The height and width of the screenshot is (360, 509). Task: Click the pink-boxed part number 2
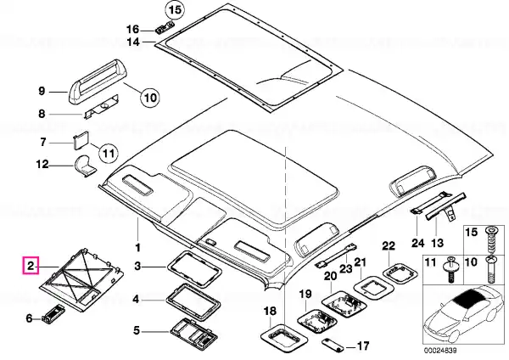(31, 266)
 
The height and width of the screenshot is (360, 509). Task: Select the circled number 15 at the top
(174, 9)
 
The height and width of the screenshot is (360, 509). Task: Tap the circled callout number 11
(109, 152)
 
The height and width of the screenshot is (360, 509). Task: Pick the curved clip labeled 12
(86, 166)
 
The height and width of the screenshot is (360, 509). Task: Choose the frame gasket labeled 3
(194, 269)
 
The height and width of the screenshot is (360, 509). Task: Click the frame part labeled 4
(193, 301)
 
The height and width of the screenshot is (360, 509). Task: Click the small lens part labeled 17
(333, 345)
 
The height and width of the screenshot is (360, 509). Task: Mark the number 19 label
(305, 295)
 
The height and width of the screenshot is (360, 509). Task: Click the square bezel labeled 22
(399, 272)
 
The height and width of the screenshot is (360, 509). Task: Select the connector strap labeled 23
(336, 256)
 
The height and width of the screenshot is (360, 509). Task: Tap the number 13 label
(437, 243)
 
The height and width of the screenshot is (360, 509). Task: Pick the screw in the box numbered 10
(490, 269)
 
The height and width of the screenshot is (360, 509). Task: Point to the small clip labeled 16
(165, 28)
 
